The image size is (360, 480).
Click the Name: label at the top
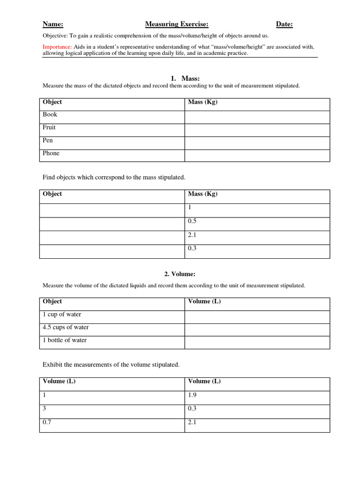(x=53, y=24)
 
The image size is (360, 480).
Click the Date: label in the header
(x=285, y=24)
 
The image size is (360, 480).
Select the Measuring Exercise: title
(x=177, y=24)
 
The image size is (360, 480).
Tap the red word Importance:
(x=57, y=47)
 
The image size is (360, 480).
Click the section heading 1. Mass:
(x=188, y=78)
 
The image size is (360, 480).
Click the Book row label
(x=50, y=114)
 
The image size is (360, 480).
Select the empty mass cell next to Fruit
(x=257, y=130)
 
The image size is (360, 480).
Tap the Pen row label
(x=48, y=140)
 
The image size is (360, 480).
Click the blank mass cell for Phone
(x=257, y=156)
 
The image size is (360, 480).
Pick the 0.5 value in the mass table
(x=192, y=221)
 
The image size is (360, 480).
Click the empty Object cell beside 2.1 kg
(x=112, y=238)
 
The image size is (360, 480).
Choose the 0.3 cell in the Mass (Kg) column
(x=192, y=248)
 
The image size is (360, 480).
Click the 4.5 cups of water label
(x=66, y=327)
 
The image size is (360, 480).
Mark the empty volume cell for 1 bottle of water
(x=257, y=343)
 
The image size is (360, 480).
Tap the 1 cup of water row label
(x=62, y=315)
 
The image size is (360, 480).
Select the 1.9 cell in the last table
(x=192, y=395)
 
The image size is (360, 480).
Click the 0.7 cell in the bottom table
(x=47, y=422)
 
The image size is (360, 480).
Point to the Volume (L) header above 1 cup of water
(x=204, y=301)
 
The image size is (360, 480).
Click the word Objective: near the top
(x=55, y=35)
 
